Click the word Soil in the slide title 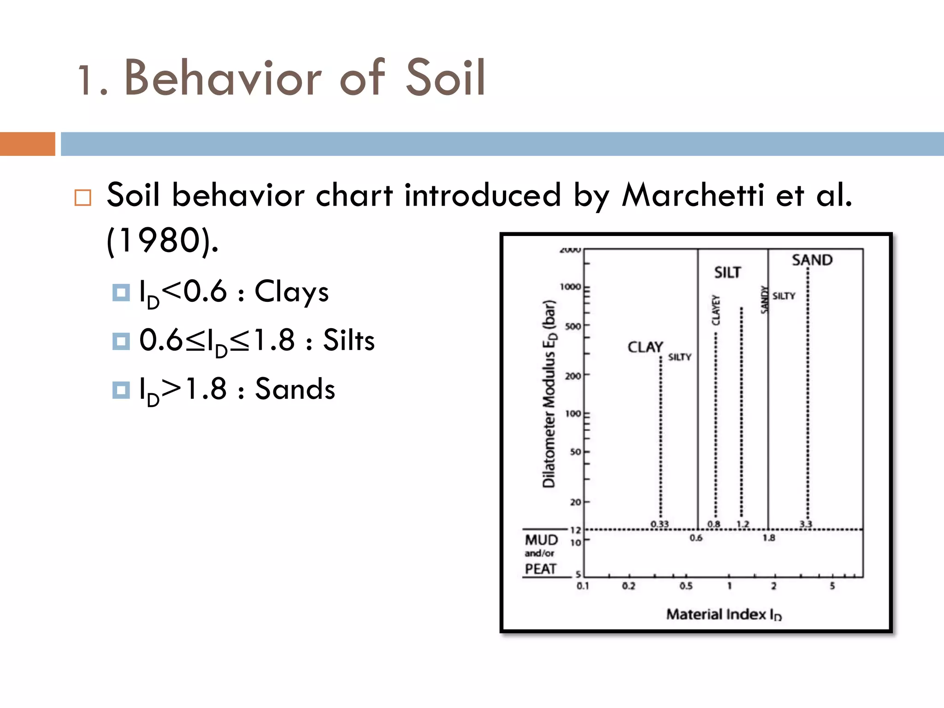(444, 78)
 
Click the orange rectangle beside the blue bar (27, 144)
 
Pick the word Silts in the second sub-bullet (348, 341)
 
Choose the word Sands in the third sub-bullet (295, 389)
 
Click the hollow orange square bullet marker (83, 198)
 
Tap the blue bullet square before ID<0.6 (121, 293)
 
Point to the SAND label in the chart (812, 260)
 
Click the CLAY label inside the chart (645, 347)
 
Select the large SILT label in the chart (727, 273)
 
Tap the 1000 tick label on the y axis (570, 287)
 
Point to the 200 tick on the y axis (573, 376)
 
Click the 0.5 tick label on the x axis (686, 586)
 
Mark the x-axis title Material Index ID (724, 614)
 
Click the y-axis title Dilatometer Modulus (549, 394)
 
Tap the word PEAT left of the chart (541, 569)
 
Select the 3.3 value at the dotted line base (806, 524)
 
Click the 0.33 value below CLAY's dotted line (660, 524)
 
